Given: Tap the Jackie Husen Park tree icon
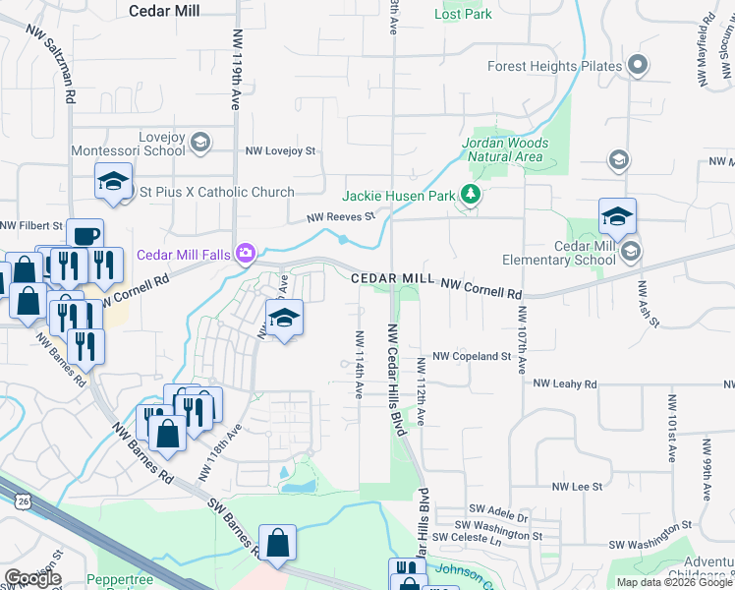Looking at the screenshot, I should click(x=472, y=195).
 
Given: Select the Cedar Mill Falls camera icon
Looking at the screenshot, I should click(x=244, y=254).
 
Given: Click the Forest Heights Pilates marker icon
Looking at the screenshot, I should click(x=638, y=66).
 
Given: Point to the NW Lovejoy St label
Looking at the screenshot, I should click(x=281, y=151).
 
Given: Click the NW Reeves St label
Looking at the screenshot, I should click(x=341, y=217).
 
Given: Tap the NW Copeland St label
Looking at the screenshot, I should click(x=472, y=356).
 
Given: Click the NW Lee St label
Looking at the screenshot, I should click(x=577, y=486).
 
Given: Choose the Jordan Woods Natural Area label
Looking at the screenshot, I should click(x=505, y=149).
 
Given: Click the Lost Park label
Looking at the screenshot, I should click(x=463, y=15).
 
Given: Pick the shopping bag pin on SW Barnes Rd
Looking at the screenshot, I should click(x=278, y=542).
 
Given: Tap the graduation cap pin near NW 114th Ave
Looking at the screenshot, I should click(x=284, y=319).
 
